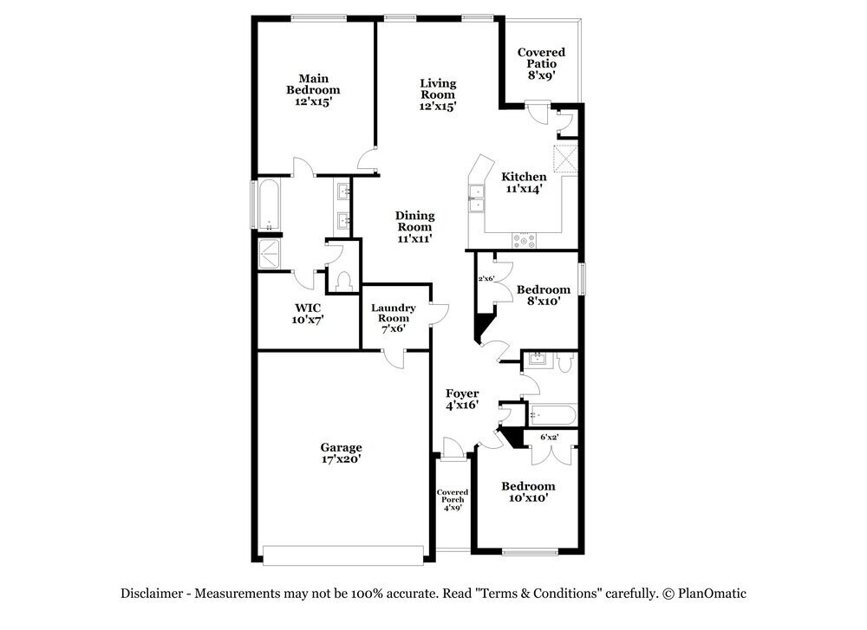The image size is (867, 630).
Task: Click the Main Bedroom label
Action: coord(313,89)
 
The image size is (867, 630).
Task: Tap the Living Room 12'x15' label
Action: coord(438,94)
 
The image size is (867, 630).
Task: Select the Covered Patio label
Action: coord(541,63)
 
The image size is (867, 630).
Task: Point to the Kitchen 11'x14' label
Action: coord(525,183)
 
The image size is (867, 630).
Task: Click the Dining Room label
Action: coord(414,226)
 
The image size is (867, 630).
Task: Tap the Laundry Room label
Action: coord(394,318)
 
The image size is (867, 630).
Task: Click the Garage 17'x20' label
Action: coord(340,453)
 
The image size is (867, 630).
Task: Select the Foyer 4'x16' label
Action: coord(462,399)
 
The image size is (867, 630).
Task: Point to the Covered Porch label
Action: coord(452,499)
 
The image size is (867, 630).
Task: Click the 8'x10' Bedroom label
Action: coord(544,296)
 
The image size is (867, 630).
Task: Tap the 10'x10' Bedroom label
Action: coord(528,492)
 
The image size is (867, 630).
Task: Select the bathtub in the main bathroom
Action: coord(268,205)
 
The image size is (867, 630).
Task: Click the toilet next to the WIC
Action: coord(342,281)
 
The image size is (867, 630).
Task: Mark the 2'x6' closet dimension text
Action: coord(486,279)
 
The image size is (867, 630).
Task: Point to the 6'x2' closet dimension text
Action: coord(549,438)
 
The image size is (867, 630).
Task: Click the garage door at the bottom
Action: coord(343,555)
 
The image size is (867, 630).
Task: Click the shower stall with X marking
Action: coord(271,253)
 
